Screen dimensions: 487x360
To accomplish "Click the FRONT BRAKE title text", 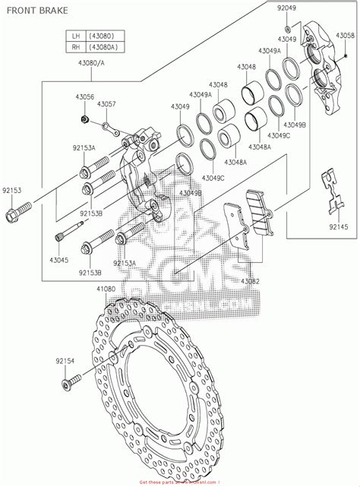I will point(37,11).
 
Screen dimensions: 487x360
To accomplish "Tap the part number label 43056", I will point(84,97).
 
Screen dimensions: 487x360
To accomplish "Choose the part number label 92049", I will point(287,8).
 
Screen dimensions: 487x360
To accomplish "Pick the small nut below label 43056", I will point(85,119).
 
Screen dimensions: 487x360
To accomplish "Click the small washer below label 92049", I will point(287,17).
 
